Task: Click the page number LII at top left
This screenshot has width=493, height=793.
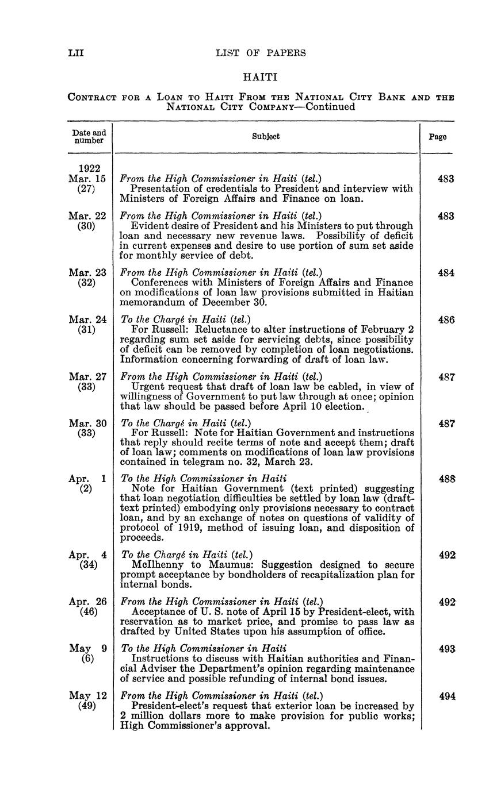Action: [76, 53]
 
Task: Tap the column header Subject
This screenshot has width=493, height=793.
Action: [266, 137]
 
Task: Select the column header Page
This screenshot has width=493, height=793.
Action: [438, 137]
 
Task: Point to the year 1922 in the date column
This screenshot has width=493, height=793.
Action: [90, 168]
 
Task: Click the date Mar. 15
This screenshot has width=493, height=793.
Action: [87, 179]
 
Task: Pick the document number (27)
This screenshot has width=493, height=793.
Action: [86, 189]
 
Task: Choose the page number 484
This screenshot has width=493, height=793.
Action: [446, 273]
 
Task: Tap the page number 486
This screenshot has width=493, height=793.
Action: [446, 319]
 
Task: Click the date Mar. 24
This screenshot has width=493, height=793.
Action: [87, 319]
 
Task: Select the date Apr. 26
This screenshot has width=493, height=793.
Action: [87, 602]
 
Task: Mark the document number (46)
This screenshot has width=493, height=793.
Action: [86, 612]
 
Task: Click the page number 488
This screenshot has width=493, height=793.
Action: [446, 479]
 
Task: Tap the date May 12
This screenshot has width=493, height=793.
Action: [87, 696]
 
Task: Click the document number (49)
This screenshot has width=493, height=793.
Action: [86, 706]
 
